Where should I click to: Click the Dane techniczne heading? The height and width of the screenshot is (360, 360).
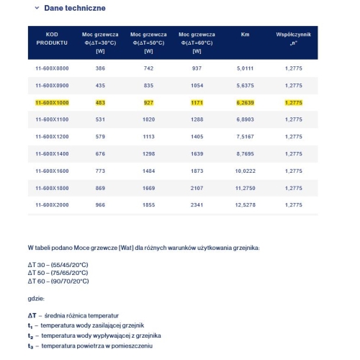(x=75, y=9)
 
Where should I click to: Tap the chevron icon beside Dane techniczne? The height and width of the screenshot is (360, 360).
(x=37, y=9)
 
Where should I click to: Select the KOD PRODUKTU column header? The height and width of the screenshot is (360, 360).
(x=51, y=38)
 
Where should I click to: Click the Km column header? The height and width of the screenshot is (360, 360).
(x=244, y=34)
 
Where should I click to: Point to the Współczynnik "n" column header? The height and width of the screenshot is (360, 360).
(x=293, y=38)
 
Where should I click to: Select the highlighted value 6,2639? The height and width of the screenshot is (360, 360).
(x=245, y=102)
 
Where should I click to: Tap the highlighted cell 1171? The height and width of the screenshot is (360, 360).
(x=197, y=102)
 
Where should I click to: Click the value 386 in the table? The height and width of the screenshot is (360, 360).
(x=100, y=67)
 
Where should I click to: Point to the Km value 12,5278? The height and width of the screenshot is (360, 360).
(x=245, y=204)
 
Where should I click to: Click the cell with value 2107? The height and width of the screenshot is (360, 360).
(x=197, y=187)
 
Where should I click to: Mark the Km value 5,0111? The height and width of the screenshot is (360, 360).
(x=245, y=67)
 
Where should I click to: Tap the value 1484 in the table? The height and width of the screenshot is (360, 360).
(x=149, y=171)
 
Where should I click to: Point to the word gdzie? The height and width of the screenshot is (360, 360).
(x=36, y=298)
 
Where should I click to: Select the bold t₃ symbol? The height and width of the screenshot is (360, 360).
(x=31, y=346)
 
